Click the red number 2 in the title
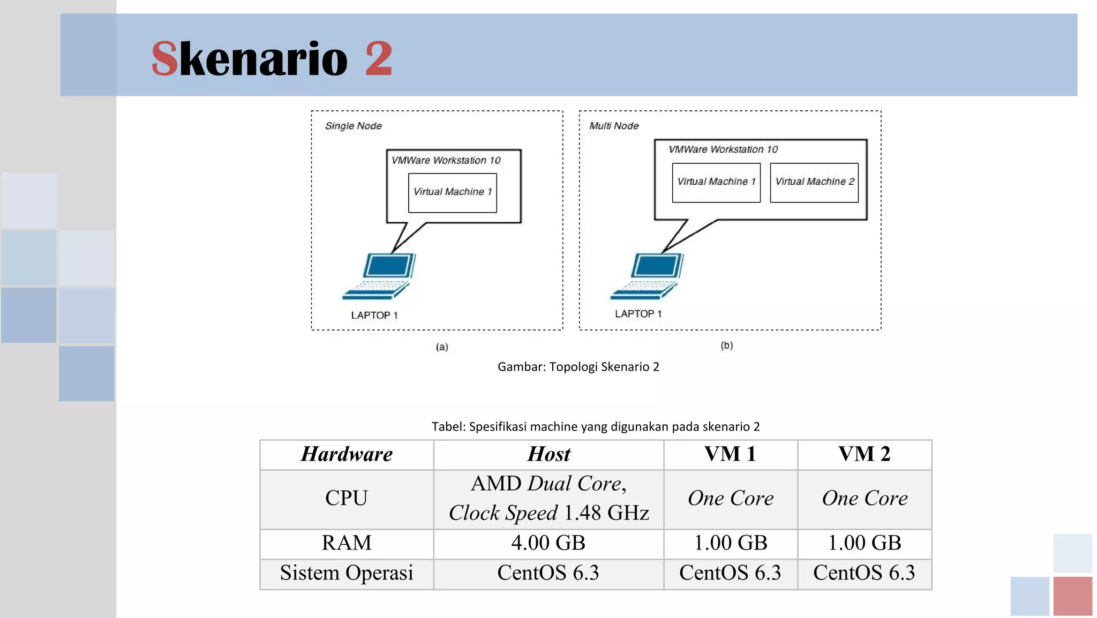[x=379, y=59]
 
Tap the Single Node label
[x=353, y=126]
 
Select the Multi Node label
[x=614, y=126]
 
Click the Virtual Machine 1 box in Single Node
[x=452, y=192]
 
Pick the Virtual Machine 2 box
[x=814, y=182]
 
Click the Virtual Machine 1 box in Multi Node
[x=716, y=182]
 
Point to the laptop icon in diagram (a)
[x=380, y=276]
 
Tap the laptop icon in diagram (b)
[x=648, y=276]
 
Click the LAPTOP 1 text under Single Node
[x=374, y=315]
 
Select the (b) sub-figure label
[x=726, y=345]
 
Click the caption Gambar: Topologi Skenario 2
[x=578, y=367]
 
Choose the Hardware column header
[x=347, y=454]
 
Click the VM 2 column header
[x=864, y=454]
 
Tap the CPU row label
[x=347, y=499]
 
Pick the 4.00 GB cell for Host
[x=548, y=543]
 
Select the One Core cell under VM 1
[x=730, y=499]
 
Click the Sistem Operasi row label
[x=347, y=573]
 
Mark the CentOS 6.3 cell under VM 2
[x=864, y=573]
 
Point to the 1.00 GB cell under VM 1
[x=730, y=543]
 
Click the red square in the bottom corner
[x=1072, y=596]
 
